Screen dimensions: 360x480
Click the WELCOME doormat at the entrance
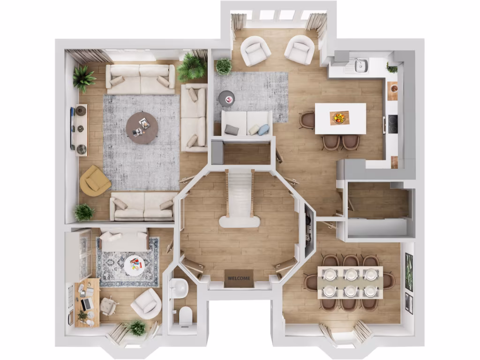pyautogui.click(x=239, y=278)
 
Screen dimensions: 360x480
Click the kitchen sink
pyautogui.click(x=360, y=65)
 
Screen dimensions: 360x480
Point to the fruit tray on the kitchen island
pyautogui.click(x=339, y=117)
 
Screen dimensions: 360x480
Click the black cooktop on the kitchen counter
pyautogui.click(x=392, y=124)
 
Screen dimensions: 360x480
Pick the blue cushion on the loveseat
pyautogui.click(x=263, y=129)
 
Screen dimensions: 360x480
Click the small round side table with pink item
pyautogui.click(x=227, y=98)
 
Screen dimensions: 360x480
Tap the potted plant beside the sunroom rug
pyautogui.click(x=224, y=66)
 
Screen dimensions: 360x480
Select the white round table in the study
pyautogui.click(x=135, y=265)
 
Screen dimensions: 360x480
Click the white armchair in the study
pyautogui.click(x=146, y=304)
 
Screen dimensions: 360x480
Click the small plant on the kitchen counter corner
pyautogui.click(x=392, y=68)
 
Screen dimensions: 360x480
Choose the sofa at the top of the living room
pyautogui.click(x=140, y=78)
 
